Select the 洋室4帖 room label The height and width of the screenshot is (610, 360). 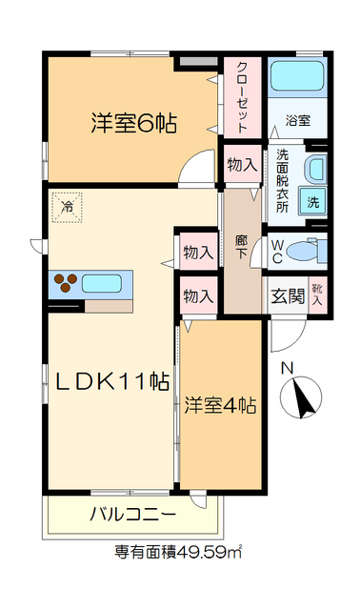220,405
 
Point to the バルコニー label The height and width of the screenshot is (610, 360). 132,515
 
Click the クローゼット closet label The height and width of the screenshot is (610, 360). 242,96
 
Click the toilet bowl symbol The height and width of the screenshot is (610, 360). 305,252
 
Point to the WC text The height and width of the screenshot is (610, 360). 276,251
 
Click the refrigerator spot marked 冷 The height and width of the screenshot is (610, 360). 68,206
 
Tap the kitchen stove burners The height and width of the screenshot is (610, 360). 66,282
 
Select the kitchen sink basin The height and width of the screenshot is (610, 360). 106,283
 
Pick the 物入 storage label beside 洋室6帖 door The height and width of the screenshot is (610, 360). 242,164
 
